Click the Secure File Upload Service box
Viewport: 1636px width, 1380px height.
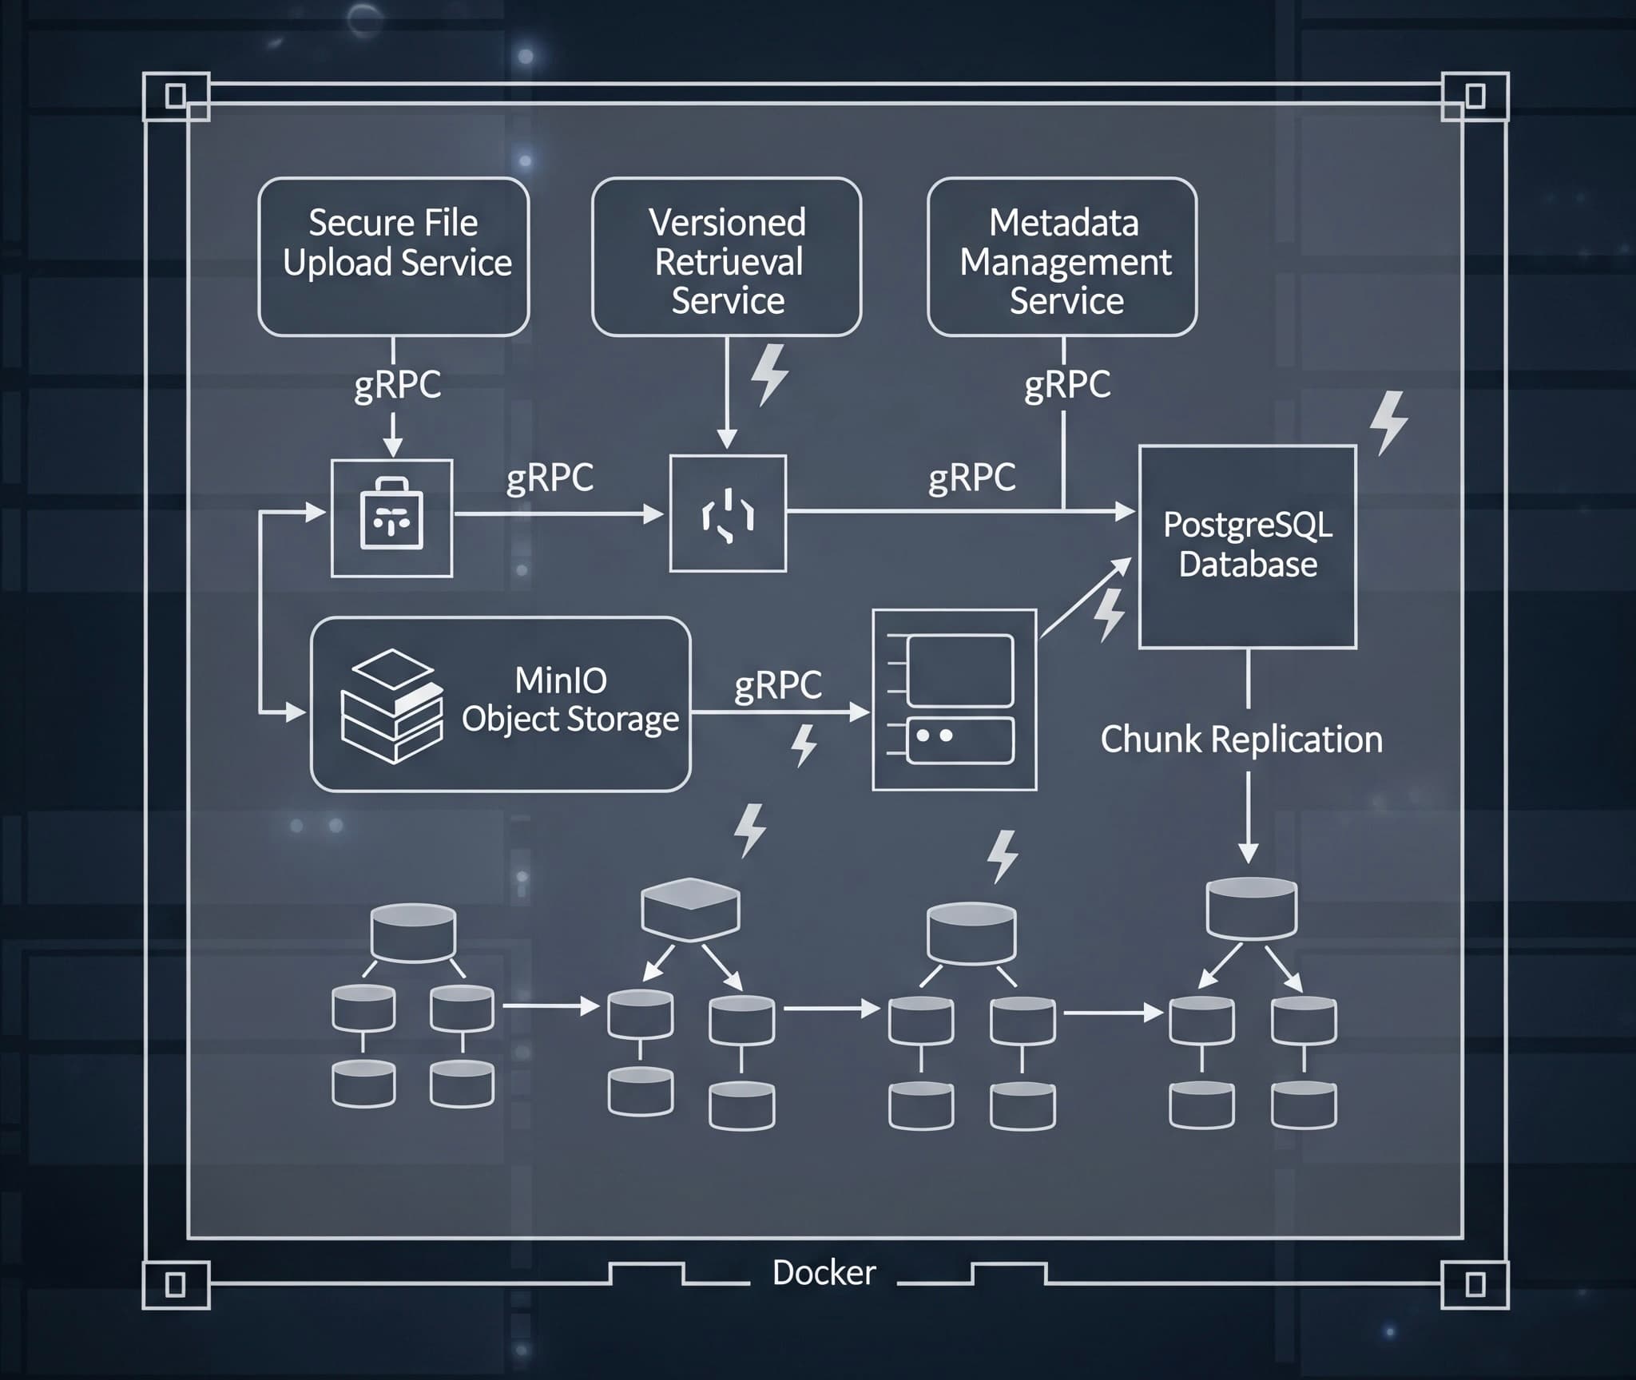(x=394, y=256)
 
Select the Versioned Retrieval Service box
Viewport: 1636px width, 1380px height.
(x=726, y=256)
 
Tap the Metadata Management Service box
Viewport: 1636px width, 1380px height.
(x=1062, y=256)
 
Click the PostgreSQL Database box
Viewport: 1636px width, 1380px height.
(x=1247, y=546)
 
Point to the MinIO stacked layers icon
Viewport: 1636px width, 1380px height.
(x=391, y=705)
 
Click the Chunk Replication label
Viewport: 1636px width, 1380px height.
(x=1241, y=739)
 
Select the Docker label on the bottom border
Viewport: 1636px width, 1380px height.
(x=824, y=1272)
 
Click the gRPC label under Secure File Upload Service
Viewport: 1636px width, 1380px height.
(x=397, y=384)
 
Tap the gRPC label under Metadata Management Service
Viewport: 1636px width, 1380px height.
(x=1067, y=384)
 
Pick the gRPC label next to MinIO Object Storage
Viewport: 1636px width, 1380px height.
(x=777, y=685)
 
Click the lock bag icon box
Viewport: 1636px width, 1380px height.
(x=392, y=517)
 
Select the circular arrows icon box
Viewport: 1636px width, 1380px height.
(x=728, y=514)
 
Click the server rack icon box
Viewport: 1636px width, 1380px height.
(x=955, y=700)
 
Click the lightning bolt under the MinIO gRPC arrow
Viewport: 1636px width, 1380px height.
(x=804, y=745)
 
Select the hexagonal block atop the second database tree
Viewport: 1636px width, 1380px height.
(x=690, y=909)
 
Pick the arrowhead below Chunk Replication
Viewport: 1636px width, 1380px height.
(x=1248, y=853)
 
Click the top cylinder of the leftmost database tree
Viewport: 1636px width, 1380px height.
(x=413, y=932)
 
